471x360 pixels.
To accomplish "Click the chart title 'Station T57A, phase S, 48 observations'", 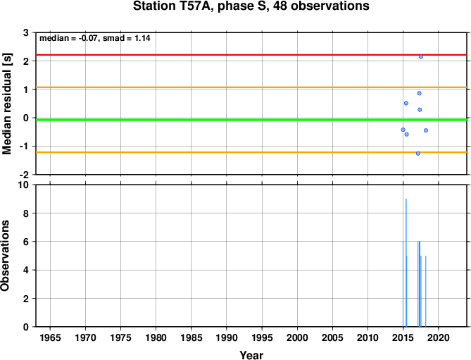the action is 251,6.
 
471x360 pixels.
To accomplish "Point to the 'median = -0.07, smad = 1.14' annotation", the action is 95,38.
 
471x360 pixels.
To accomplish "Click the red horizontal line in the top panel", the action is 251,55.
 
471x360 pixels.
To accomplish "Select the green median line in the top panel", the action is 251,120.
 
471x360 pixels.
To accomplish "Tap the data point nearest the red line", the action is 421,56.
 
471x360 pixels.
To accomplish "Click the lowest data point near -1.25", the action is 417,154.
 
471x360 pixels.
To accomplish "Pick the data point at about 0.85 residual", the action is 419,93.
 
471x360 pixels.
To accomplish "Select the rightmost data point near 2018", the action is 426,130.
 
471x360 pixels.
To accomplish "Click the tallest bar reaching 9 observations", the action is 406,263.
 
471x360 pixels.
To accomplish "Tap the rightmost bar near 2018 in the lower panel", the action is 426,291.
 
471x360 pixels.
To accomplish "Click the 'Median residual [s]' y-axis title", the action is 6,104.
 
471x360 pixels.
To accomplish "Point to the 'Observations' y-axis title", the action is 5,256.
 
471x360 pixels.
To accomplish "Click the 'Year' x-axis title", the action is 251,355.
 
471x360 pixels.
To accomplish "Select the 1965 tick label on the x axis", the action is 50,337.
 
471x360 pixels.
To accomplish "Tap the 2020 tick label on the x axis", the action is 438,337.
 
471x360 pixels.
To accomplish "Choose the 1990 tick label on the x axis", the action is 227,337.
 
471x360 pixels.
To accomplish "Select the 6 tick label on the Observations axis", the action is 26,242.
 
